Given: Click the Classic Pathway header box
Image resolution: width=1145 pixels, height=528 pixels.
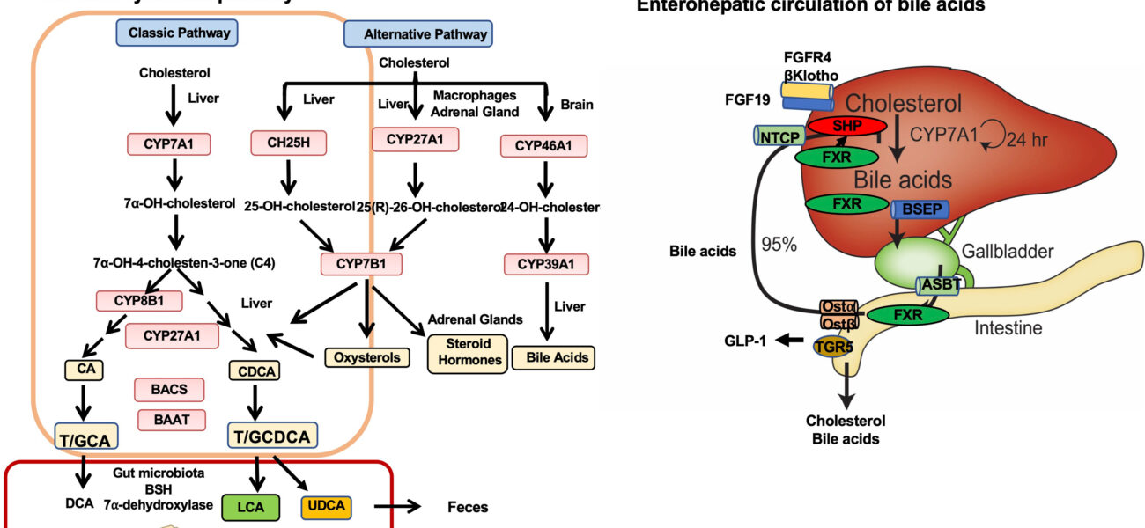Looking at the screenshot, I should click(x=167, y=33).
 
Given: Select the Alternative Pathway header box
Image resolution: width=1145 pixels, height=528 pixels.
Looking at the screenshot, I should click(x=417, y=35).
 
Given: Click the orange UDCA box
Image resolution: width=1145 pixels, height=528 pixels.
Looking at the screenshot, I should click(x=326, y=506).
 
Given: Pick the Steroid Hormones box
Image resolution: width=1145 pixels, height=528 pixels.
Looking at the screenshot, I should click(x=468, y=352).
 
